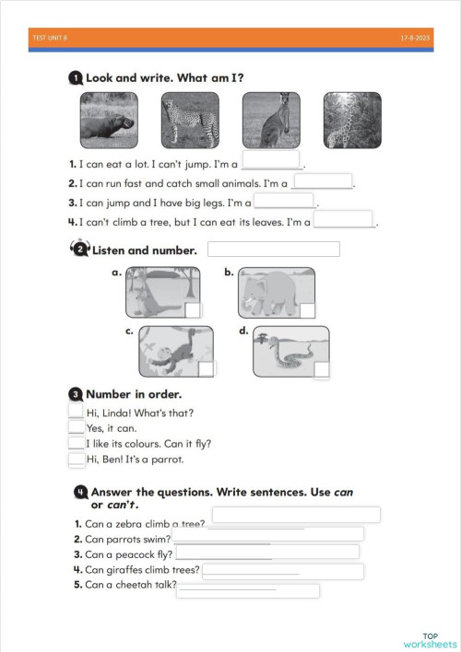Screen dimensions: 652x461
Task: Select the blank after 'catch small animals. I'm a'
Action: [x=323, y=181]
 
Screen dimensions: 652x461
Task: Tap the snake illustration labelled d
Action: [x=290, y=351]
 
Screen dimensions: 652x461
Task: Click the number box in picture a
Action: [x=193, y=310]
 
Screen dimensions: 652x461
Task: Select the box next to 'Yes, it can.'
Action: [x=77, y=427]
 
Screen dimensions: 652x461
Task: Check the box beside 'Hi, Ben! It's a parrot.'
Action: [x=77, y=459]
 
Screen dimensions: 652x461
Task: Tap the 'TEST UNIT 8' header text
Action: [x=50, y=39]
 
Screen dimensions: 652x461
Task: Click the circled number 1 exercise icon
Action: [x=75, y=80]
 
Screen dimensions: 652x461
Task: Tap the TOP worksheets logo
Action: [x=429, y=639]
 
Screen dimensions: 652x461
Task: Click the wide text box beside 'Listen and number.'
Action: [x=274, y=249]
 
